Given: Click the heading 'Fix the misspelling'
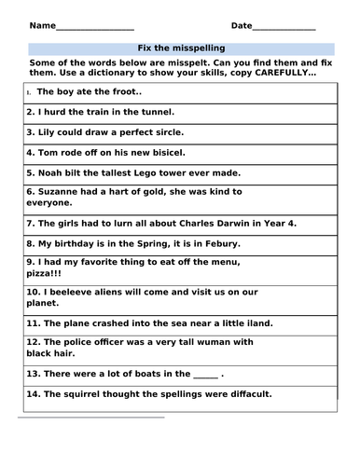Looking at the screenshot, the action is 180,47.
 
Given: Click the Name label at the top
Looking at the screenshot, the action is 41,25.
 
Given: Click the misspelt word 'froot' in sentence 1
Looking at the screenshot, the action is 120,92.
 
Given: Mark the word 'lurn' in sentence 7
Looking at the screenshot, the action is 109,224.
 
